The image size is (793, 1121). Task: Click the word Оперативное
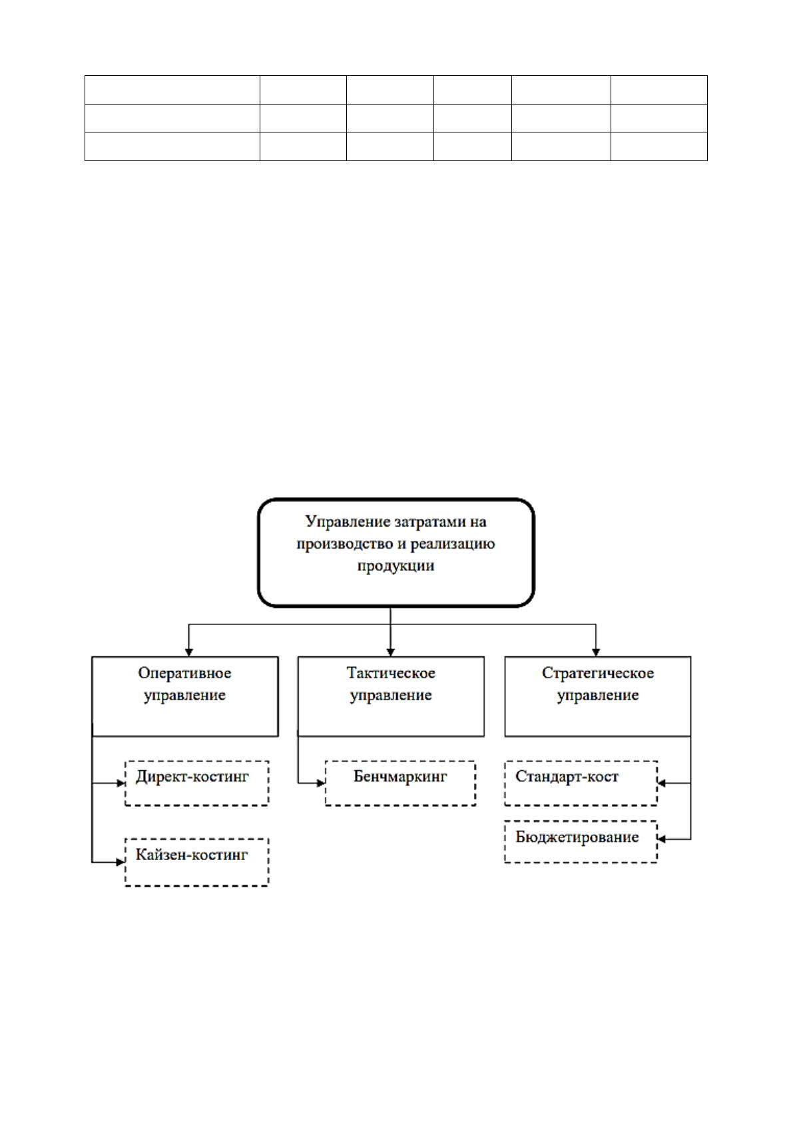(184, 673)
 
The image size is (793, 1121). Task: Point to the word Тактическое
(391, 673)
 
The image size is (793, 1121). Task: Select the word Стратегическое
(598, 673)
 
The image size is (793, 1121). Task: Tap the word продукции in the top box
(396, 566)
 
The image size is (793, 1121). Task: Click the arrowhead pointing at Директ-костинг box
(121, 784)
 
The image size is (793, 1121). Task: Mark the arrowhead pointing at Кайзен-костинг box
(121, 862)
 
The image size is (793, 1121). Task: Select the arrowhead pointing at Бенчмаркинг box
(321, 784)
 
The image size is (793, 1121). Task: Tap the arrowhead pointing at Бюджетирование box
(661, 839)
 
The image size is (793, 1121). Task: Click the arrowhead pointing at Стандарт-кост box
(661, 784)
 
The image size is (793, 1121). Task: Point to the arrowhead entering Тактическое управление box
(390, 652)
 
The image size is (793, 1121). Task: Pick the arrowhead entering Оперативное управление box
(188, 652)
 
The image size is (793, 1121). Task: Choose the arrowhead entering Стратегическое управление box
(596, 652)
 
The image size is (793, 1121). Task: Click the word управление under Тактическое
(391, 695)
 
